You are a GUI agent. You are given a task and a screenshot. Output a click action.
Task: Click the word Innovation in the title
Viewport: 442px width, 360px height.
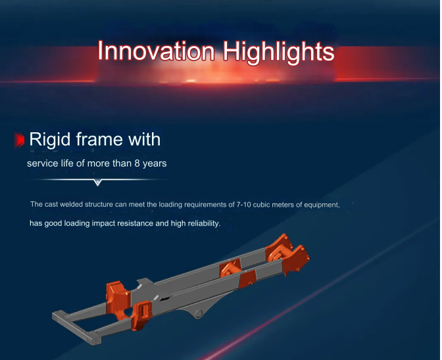156,51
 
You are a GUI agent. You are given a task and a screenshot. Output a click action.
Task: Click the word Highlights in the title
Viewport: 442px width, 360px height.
278,53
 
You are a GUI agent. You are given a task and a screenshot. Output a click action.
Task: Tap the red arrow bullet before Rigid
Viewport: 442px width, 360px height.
20,140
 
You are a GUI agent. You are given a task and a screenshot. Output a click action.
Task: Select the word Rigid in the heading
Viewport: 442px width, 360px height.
49,140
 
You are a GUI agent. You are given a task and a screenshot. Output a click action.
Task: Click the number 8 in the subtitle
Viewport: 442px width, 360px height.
137,163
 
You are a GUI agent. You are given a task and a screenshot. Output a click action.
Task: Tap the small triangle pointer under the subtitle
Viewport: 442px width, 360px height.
97,182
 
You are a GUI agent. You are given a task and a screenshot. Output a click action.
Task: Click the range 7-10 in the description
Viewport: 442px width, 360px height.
243,205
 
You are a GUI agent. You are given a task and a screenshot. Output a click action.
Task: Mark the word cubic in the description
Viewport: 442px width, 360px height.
260,205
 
